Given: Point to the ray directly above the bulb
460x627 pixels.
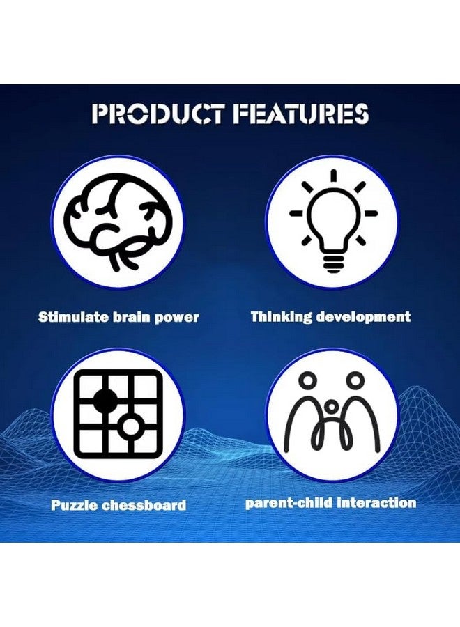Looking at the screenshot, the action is (333, 176).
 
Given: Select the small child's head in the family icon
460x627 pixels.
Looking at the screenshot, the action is (332, 406).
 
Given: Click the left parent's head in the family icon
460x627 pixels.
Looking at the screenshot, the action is (308, 380).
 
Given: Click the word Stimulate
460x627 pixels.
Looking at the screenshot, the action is (73, 317).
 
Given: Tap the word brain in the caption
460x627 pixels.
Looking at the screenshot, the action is (131, 317).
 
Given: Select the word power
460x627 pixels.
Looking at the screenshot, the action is (176, 318).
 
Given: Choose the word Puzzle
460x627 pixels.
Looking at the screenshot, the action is (75, 504).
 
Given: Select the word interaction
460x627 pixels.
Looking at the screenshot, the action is (376, 502).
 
